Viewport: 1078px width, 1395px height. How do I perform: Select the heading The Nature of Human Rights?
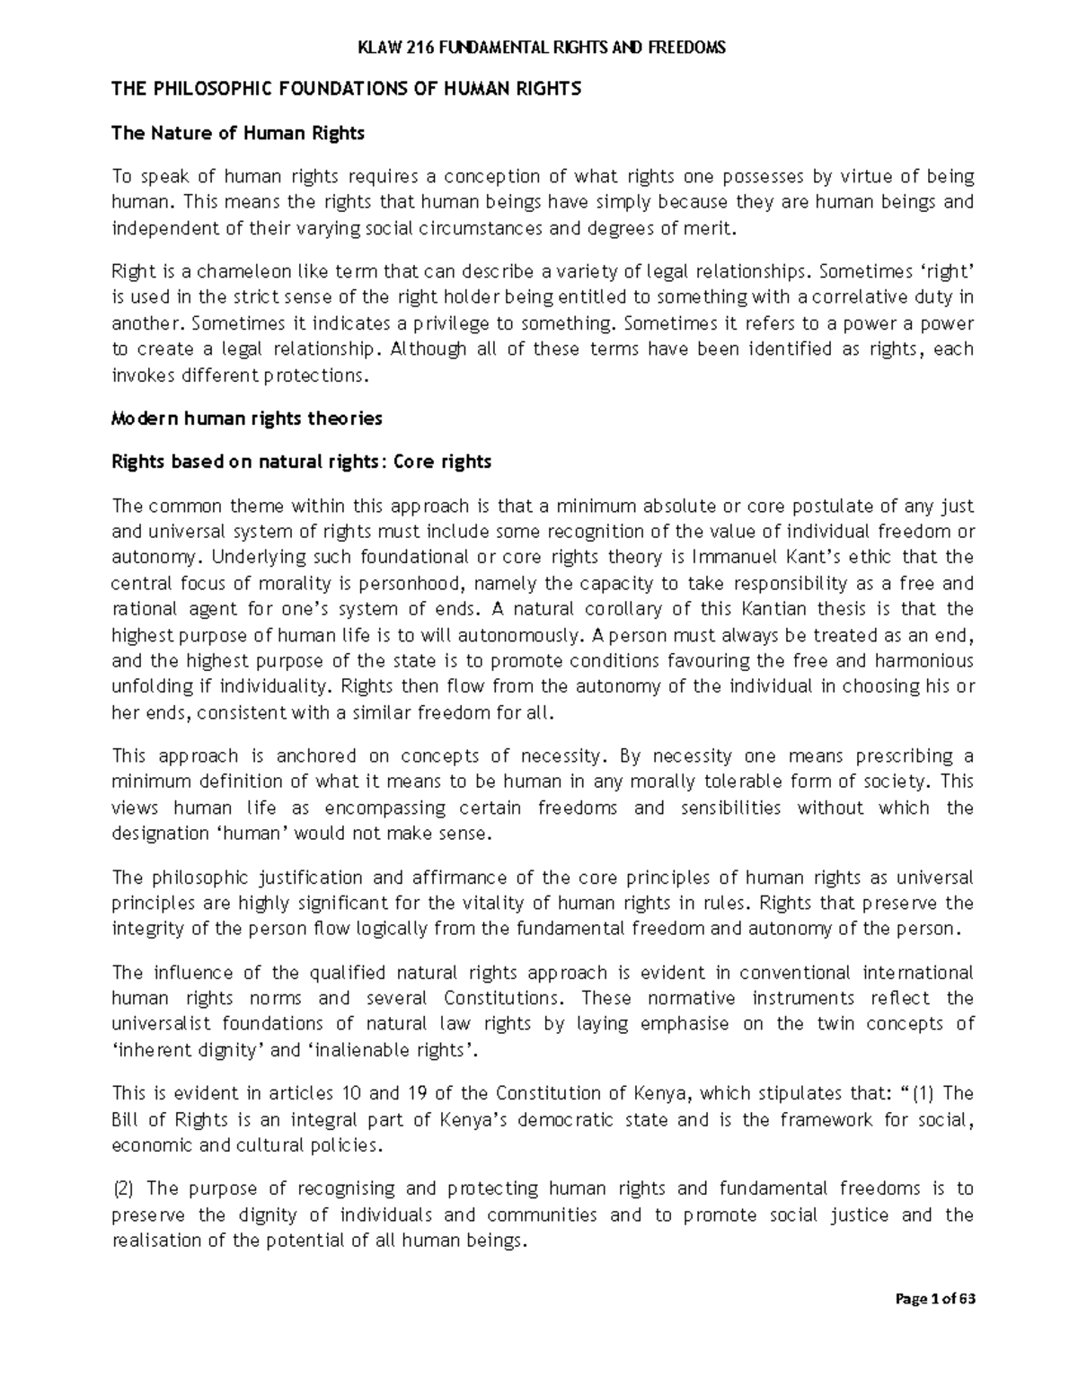tap(237, 134)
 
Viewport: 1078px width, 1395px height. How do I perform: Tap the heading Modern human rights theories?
tap(246, 418)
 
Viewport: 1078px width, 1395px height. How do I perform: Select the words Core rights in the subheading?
tap(443, 462)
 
